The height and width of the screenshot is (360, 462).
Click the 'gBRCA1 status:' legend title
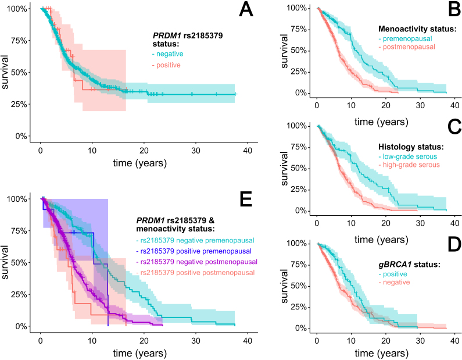tap(407, 265)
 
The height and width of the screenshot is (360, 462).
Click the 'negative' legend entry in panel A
tap(169, 54)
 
